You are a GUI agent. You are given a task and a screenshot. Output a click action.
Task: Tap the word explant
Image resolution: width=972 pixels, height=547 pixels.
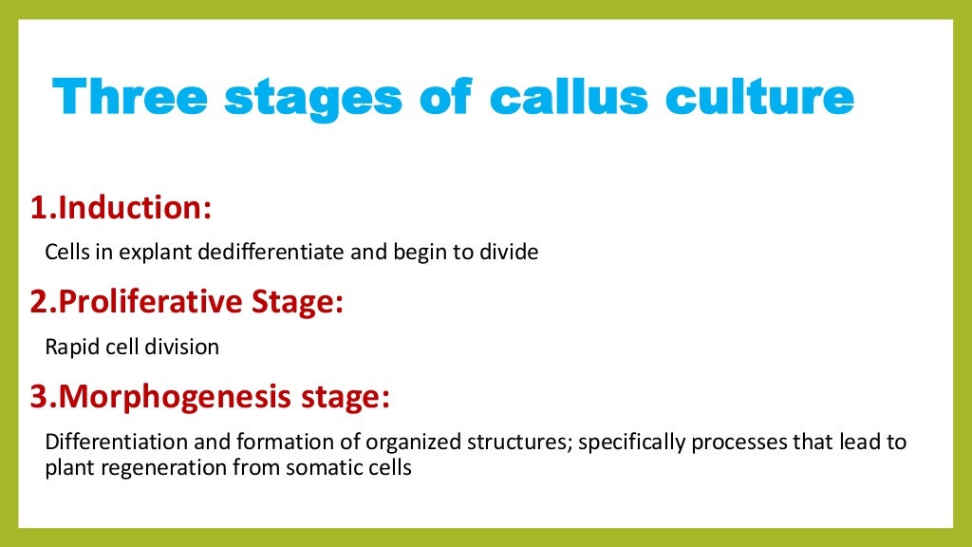[x=150, y=254]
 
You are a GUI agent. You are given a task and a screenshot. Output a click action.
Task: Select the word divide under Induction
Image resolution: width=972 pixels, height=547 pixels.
[x=511, y=254]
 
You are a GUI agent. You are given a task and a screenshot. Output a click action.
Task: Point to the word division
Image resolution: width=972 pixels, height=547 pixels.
[x=182, y=348]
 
